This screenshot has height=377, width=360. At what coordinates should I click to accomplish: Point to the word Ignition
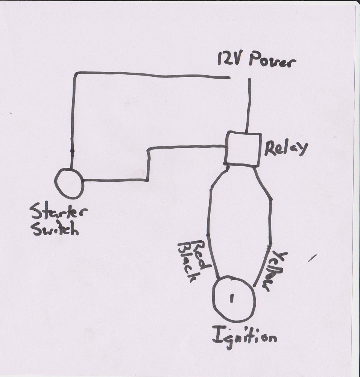[x=245, y=337]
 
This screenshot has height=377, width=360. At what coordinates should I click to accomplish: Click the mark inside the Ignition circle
[x=231, y=298]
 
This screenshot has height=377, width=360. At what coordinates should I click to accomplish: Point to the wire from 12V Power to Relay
[x=248, y=105]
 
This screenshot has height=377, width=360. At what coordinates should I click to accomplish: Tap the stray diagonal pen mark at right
[x=311, y=258]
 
